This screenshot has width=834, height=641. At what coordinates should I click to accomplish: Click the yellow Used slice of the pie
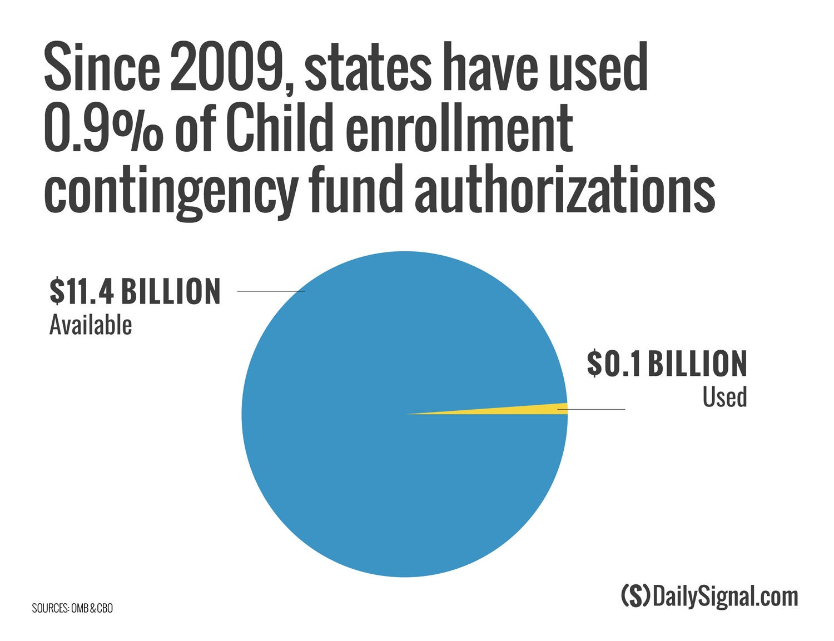548,409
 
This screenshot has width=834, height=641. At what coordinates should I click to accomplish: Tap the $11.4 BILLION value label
135,292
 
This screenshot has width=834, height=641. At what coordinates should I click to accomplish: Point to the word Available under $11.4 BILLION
91,325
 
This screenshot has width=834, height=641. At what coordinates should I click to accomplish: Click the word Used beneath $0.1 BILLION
724,397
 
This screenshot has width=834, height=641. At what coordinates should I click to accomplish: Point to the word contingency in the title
170,192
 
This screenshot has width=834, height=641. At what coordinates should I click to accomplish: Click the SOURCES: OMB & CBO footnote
72,608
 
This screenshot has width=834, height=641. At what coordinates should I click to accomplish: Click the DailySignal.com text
726,597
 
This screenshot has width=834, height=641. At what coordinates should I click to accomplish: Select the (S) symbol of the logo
635,597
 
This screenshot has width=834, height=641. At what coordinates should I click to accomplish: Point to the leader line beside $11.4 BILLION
271,291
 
